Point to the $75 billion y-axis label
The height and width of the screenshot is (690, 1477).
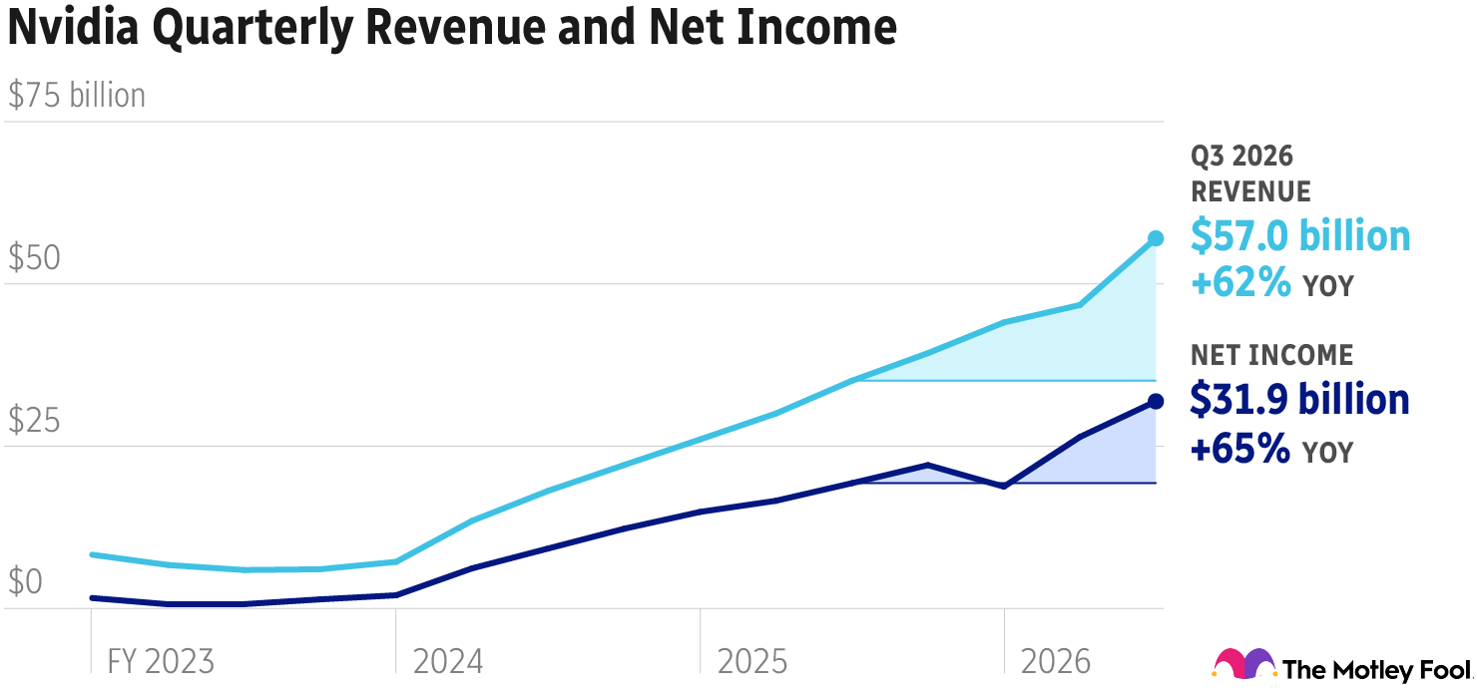click(77, 96)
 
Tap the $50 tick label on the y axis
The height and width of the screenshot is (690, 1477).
click(35, 258)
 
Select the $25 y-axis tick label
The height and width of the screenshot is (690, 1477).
click(35, 421)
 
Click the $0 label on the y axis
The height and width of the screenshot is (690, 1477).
click(27, 582)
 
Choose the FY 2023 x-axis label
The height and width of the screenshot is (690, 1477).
click(160, 661)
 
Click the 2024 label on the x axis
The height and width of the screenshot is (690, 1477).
click(448, 661)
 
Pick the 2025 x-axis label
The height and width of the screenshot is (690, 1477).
click(752, 661)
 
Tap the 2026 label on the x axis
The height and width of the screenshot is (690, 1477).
click(1056, 661)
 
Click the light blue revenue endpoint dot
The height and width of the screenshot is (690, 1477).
click(1156, 238)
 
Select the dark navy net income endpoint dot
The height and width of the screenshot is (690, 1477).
click(1156, 401)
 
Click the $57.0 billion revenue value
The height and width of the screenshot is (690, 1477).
click(1300, 236)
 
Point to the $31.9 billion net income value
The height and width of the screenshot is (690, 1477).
click(1299, 399)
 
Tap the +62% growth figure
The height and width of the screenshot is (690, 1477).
click(1240, 284)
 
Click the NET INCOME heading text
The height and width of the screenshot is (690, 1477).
click(1271, 355)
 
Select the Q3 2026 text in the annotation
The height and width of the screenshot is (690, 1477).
click(1241, 157)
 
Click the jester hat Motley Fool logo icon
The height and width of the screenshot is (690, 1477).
click(1243, 664)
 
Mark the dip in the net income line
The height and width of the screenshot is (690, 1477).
click(1003, 486)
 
